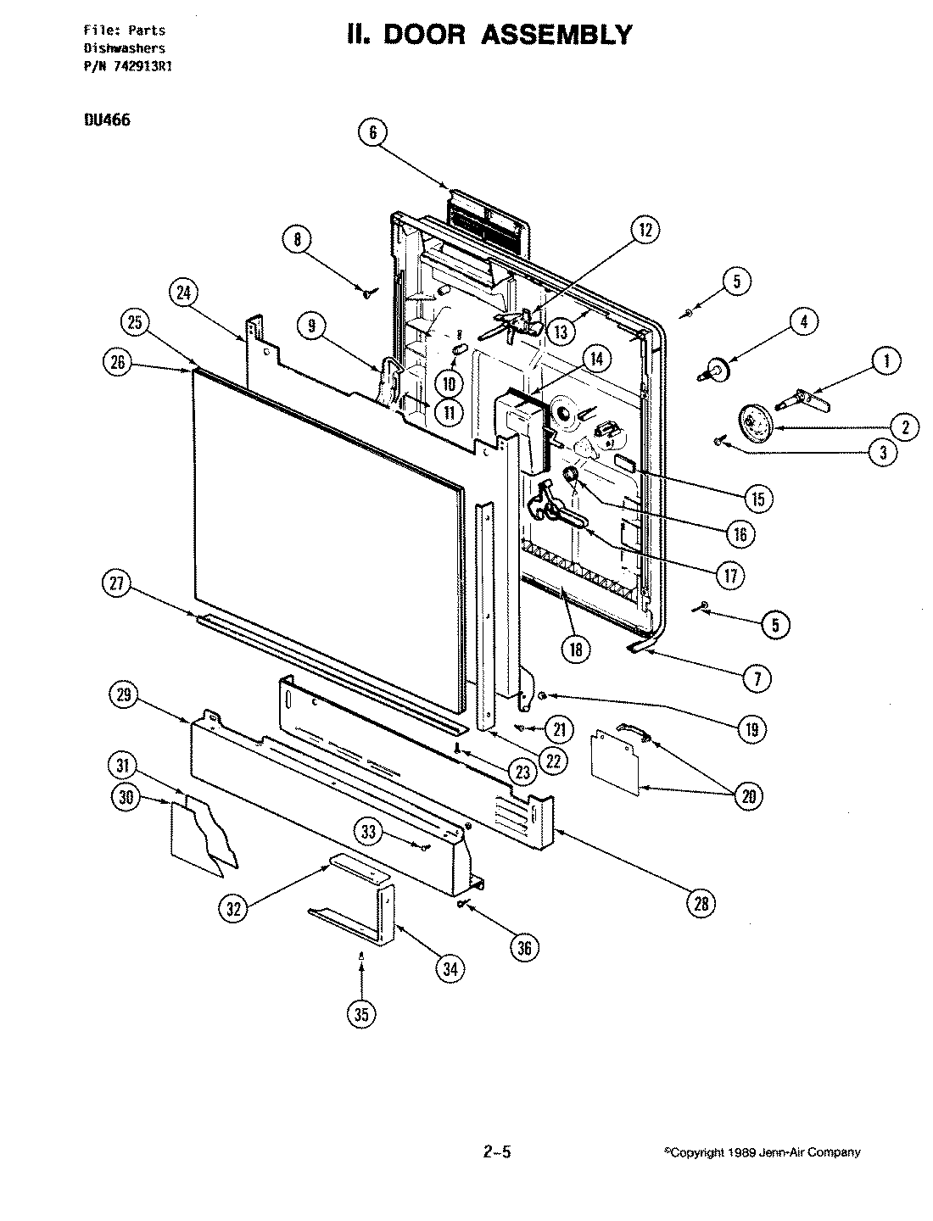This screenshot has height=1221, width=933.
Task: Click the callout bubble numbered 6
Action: coord(373,132)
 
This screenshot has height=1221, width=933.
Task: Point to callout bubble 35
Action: coord(362,1014)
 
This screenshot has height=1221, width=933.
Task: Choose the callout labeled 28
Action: coord(701,904)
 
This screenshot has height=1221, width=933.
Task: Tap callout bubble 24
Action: coord(182,293)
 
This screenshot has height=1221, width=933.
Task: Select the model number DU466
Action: coord(106,120)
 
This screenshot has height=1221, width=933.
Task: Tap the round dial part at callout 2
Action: coord(751,421)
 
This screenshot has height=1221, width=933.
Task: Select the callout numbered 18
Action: coord(577,649)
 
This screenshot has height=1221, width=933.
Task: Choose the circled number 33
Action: coord(368,833)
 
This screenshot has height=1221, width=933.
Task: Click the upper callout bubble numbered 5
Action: coord(736,282)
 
